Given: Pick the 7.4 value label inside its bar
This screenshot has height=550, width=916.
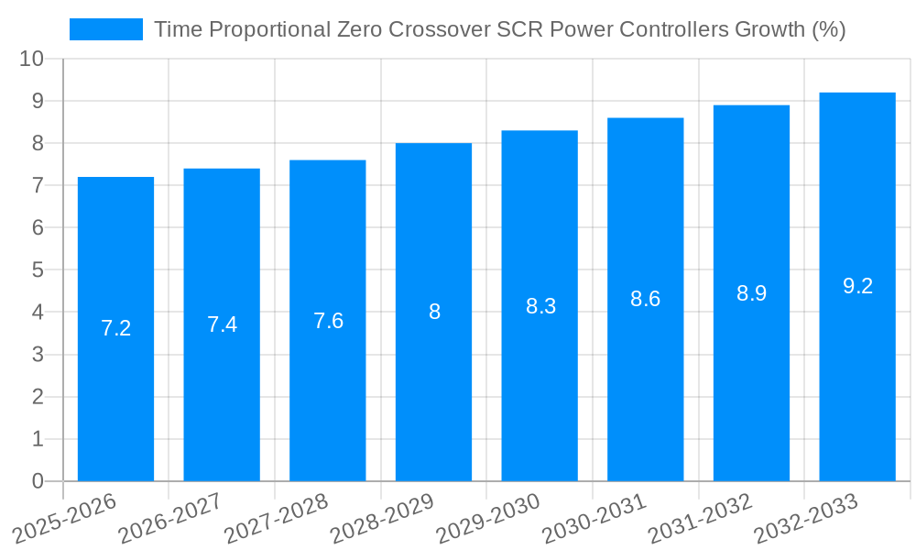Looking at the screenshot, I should point(222,324).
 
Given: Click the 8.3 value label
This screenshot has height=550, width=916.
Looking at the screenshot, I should point(540,306).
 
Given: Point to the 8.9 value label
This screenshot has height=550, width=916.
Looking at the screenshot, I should point(751,293).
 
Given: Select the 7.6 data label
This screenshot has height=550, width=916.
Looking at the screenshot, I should point(328,321).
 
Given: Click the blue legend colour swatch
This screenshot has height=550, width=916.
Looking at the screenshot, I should point(106,29).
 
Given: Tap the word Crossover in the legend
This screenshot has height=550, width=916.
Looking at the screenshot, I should point(439,29).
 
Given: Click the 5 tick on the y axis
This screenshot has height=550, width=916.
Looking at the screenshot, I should point(38,270).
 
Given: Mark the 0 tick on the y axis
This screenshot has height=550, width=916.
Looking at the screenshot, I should point(38,481).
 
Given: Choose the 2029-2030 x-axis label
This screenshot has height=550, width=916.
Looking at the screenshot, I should point(486,518).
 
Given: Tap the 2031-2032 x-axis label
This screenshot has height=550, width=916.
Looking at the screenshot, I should point(699,518).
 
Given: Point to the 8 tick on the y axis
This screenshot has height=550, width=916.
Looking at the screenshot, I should point(38,143).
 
